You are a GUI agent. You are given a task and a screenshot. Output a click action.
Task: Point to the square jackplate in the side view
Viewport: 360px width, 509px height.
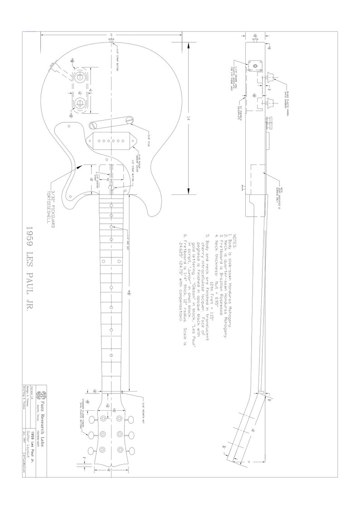click(x=255, y=65)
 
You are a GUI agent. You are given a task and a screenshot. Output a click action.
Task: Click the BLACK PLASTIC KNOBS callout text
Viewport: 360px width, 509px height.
click(x=287, y=100)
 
